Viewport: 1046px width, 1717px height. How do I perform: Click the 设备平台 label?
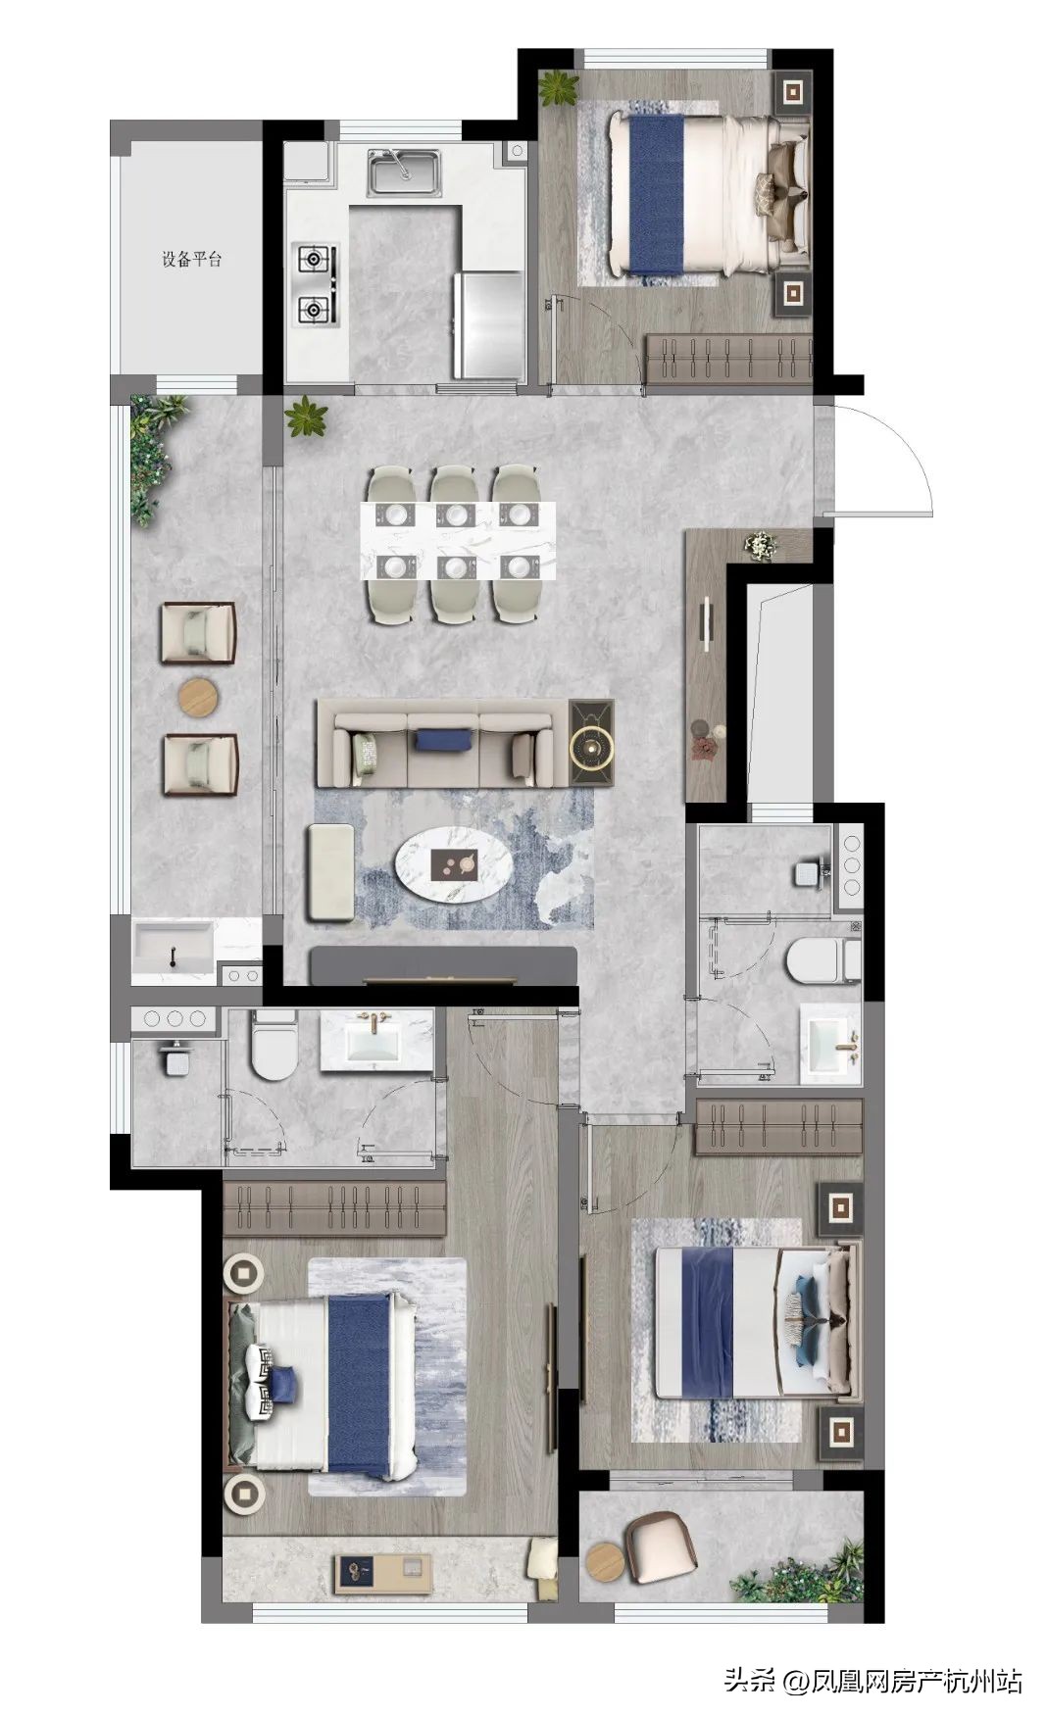click(x=192, y=260)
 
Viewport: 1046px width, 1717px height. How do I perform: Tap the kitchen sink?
click(x=404, y=172)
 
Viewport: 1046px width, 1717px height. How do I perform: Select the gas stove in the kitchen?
click(x=316, y=285)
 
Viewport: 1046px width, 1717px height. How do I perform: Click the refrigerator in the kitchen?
click(x=487, y=324)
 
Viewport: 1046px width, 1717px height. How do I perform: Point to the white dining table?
click(x=458, y=541)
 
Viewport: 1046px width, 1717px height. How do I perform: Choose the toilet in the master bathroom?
click(x=274, y=1046)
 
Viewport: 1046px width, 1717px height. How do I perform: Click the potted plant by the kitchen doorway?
click(x=307, y=417)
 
